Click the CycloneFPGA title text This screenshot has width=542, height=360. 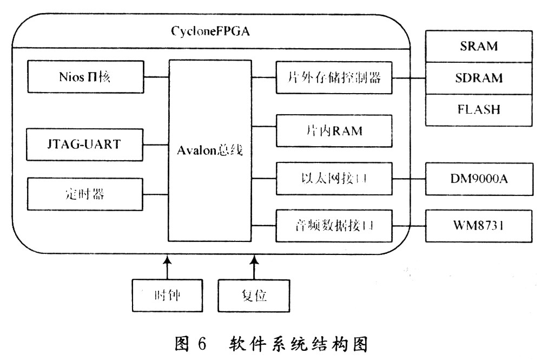click(210, 31)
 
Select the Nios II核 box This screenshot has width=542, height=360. click(85, 77)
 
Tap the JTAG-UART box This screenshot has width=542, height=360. click(85, 145)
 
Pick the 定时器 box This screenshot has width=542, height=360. click(85, 194)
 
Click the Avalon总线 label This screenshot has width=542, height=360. click(210, 150)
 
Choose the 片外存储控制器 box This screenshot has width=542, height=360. click(334, 78)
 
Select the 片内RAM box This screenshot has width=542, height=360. click(334, 131)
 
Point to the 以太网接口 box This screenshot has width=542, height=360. click(334, 179)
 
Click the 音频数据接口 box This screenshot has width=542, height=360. click(334, 226)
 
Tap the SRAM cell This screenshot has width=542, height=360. click(479, 47)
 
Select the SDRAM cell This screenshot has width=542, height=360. click(479, 78)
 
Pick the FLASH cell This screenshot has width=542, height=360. click(479, 110)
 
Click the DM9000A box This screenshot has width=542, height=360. click(479, 179)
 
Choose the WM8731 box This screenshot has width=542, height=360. click(479, 226)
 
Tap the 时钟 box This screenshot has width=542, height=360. click(167, 296)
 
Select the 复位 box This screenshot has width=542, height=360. click(254, 296)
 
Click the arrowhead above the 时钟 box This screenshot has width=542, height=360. click(167, 259)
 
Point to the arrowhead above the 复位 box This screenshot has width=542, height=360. click(254, 259)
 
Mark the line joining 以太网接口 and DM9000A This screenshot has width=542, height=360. click(409, 179)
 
